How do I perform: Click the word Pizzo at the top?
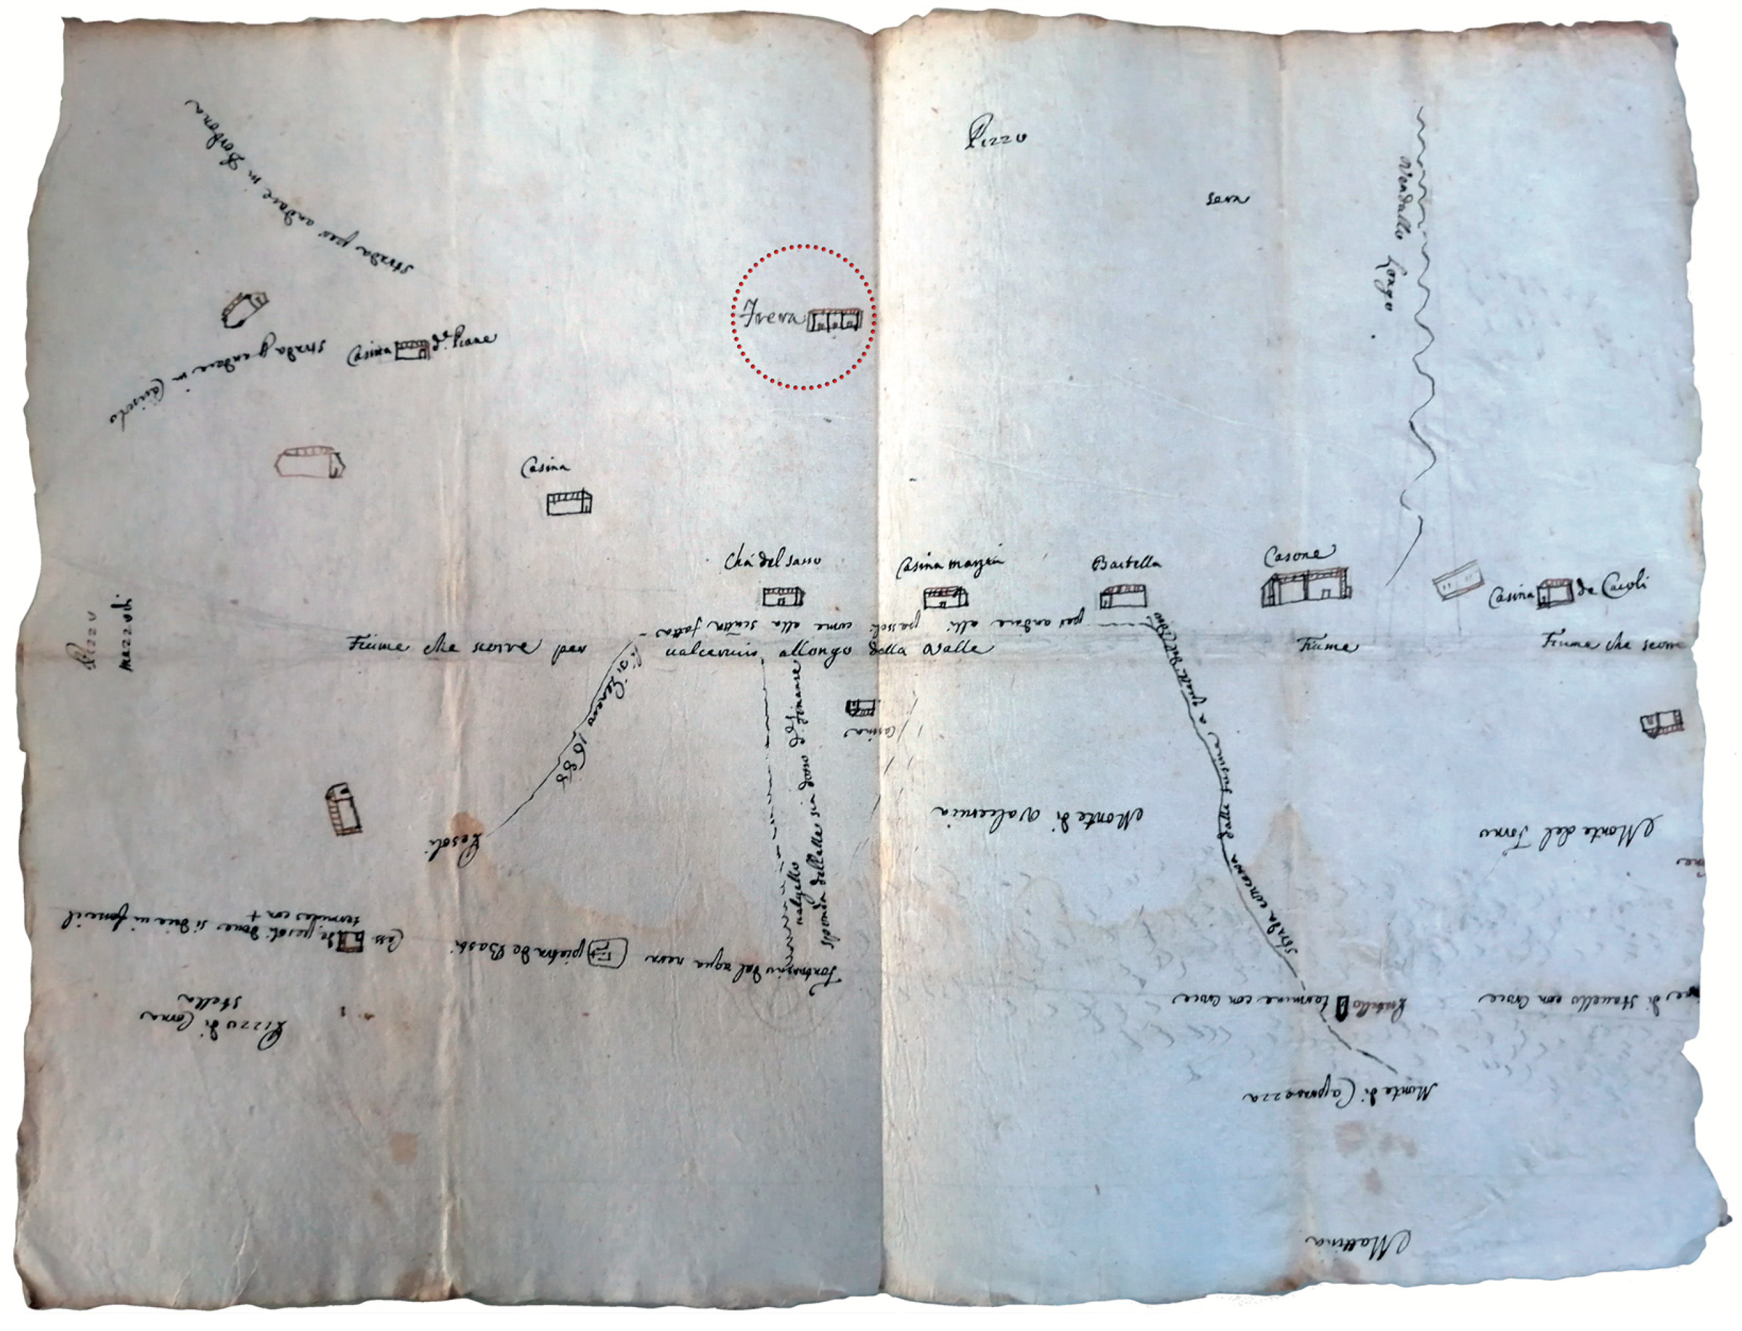994,141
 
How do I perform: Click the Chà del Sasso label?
772,562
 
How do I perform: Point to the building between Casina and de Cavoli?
1553,593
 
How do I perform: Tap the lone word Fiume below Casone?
1328,647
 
